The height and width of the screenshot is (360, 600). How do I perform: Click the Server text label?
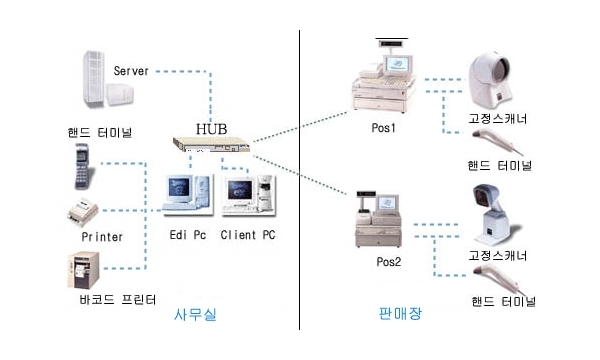click(131, 71)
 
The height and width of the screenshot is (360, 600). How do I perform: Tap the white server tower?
click(108, 79)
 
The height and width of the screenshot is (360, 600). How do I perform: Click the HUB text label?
click(212, 129)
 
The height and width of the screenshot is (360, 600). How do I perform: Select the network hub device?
click(211, 144)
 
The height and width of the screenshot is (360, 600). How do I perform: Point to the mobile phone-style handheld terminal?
click(83, 166)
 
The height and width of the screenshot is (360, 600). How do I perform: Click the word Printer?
click(102, 237)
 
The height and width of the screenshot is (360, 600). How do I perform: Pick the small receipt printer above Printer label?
click(83, 213)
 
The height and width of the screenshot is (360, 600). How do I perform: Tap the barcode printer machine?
click(83, 270)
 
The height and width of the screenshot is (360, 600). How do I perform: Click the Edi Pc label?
click(188, 235)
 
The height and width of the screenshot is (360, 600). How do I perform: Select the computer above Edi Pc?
click(188, 195)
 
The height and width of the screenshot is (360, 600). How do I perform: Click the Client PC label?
click(248, 235)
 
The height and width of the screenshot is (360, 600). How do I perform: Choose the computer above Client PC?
click(248, 195)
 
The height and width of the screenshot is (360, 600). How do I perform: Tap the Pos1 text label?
click(383, 127)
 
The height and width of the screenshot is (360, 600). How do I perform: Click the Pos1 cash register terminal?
click(384, 77)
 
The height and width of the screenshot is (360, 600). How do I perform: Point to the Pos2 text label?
click(388, 262)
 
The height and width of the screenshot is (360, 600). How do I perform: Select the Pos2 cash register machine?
click(379, 219)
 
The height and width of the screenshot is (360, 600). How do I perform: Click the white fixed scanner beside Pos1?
click(490, 81)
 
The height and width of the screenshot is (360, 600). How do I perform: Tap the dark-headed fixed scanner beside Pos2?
click(494, 215)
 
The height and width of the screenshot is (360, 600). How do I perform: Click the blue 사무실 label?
click(195, 314)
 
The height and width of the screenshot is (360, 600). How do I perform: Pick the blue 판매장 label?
click(400, 313)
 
